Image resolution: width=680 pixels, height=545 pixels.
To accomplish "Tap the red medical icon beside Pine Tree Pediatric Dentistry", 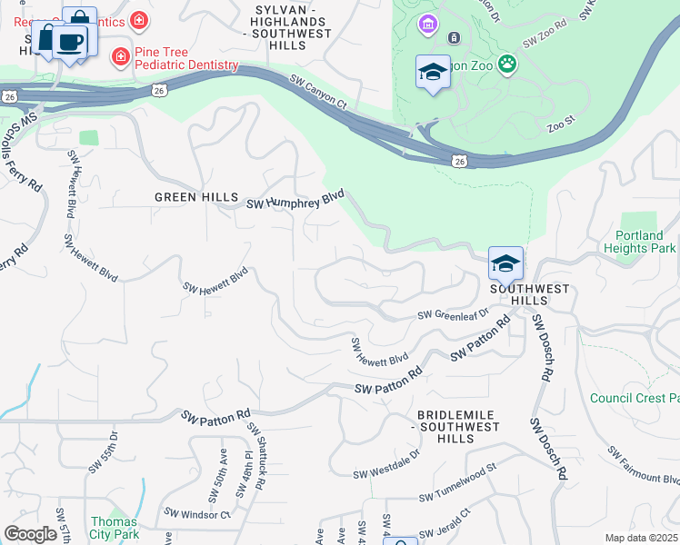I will coord(119,57).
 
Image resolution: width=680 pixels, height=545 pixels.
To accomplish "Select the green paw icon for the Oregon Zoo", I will coord(506,64).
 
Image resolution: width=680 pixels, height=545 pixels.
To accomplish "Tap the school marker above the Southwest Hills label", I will coord(505,263).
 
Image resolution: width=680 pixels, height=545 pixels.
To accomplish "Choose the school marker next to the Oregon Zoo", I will coord(433,72).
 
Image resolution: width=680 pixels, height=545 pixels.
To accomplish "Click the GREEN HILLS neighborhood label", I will coord(195,197).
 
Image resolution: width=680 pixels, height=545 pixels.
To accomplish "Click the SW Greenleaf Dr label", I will coord(453,314).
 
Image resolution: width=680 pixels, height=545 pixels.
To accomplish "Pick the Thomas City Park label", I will coord(114,528).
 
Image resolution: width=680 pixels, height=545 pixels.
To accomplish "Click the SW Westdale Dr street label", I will coord(386,464).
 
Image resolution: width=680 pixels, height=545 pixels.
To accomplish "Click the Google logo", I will coord(30,534).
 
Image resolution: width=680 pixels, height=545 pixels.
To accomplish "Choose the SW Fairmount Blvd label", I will coord(644,464).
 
